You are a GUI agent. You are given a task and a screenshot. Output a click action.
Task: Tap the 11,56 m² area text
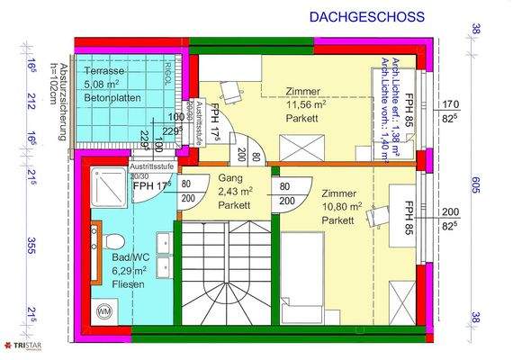pos(304,104)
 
